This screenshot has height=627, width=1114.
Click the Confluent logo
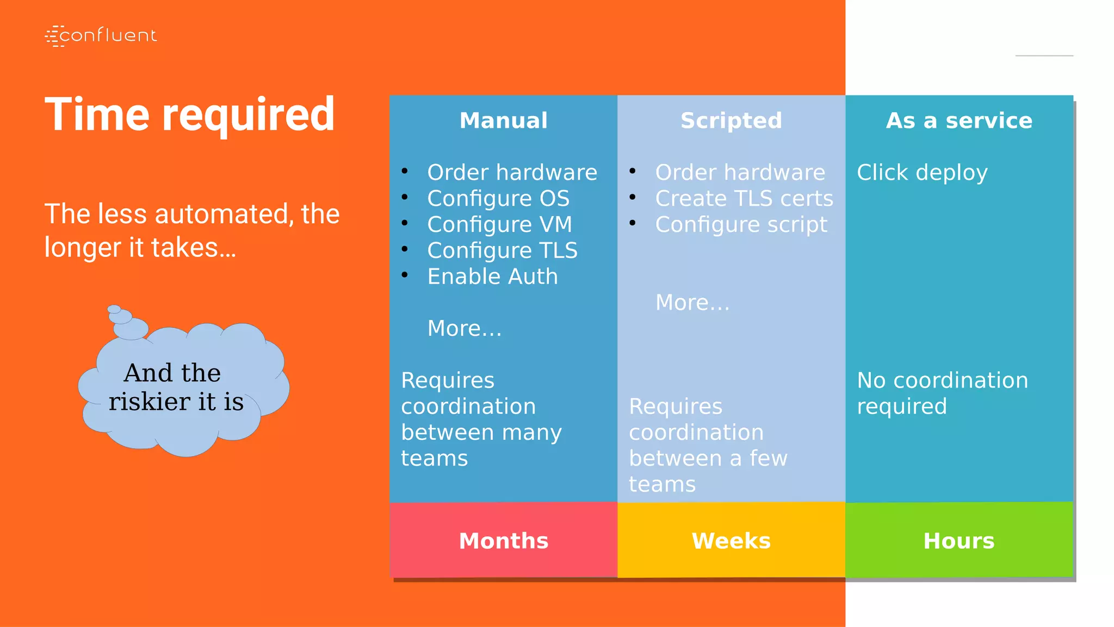click(101, 36)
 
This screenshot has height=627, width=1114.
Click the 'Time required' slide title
click(189, 115)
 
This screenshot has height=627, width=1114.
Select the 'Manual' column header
click(503, 120)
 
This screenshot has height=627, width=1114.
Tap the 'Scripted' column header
click(731, 120)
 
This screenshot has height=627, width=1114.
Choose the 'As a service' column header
click(959, 120)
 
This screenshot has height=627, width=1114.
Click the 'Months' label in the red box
click(503, 540)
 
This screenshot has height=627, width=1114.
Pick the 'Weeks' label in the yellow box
click(731, 540)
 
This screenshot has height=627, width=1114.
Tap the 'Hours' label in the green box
click(959, 540)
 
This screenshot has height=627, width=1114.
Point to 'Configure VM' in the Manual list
click(499, 224)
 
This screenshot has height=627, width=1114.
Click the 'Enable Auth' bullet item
click(492, 276)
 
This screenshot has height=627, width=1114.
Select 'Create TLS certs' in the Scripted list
click(744, 198)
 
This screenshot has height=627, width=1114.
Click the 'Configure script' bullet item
click(741, 224)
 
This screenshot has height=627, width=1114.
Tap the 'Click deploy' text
click(922, 173)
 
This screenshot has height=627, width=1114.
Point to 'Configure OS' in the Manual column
click(498, 198)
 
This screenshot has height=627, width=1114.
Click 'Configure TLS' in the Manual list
click(502, 250)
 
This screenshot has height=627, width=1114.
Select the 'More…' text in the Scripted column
click(692, 303)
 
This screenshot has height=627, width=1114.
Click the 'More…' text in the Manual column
click(465, 328)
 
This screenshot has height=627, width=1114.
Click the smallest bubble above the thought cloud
click(114, 309)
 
